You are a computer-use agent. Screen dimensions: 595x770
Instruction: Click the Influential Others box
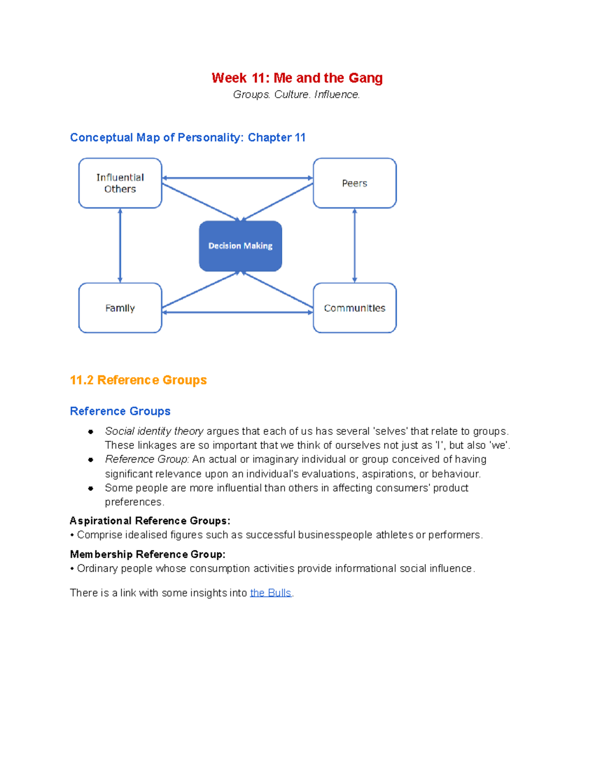click(120, 183)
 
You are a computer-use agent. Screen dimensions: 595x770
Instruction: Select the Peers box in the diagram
click(355, 183)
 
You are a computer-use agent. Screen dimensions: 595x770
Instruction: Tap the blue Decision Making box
click(240, 246)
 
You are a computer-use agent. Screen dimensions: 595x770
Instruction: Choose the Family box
click(120, 308)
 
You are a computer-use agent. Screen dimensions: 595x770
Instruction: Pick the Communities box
click(355, 308)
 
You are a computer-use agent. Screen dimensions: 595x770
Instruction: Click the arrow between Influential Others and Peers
click(237, 178)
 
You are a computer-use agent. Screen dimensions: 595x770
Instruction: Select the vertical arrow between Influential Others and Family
click(120, 245)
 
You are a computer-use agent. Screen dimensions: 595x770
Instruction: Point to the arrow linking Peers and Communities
click(355, 245)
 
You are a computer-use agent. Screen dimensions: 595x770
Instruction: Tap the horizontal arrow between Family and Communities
click(237, 312)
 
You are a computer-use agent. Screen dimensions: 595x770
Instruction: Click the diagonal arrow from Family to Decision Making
click(200, 290)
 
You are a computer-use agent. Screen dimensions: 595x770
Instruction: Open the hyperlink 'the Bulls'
click(270, 593)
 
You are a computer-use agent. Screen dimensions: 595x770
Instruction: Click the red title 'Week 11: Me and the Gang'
click(297, 78)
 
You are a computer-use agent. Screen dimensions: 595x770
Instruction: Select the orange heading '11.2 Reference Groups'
click(138, 380)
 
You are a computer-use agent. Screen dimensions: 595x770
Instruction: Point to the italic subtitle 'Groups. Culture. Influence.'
click(297, 94)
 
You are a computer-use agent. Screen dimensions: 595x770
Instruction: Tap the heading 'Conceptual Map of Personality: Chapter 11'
click(187, 137)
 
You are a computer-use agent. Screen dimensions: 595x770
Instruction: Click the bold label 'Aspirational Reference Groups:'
click(150, 521)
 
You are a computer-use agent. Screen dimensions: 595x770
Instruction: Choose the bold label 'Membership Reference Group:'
click(147, 554)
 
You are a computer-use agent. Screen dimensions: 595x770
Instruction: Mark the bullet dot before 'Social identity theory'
click(91, 432)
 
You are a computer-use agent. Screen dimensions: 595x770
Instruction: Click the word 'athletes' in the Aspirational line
click(394, 535)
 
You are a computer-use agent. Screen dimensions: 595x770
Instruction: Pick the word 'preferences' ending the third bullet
click(133, 502)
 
